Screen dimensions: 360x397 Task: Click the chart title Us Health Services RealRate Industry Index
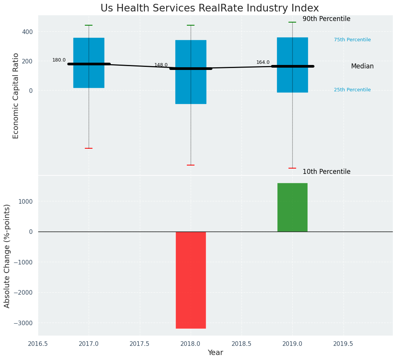tap(209, 8)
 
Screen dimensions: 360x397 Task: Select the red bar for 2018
tap(191, 280)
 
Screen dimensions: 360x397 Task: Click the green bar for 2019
tap(292, 207)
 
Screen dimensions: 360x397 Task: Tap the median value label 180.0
tap(59, 60)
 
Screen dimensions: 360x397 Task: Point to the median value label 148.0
tap(161, 65)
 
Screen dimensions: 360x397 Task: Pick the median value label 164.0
tap(263, 62)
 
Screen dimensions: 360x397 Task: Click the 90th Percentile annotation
tap(326, 19)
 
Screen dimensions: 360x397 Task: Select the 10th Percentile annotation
tap(326, 172)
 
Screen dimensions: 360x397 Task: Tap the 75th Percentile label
tap(352, 40)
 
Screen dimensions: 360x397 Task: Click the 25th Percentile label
tap(352, 90)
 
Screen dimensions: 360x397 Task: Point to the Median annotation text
tap(362, 66)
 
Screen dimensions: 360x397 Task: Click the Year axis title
tap(215, 353)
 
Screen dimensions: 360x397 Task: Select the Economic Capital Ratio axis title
tap(16, 96)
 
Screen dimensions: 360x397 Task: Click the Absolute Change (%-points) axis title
tap(7, 256)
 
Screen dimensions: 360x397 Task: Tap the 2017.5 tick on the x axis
tap(139, 344)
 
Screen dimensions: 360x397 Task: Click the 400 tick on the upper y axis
tap(28, 32)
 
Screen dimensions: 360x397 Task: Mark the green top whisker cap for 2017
tap(89, 25)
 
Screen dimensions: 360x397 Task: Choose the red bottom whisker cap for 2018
tap(191, 165)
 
